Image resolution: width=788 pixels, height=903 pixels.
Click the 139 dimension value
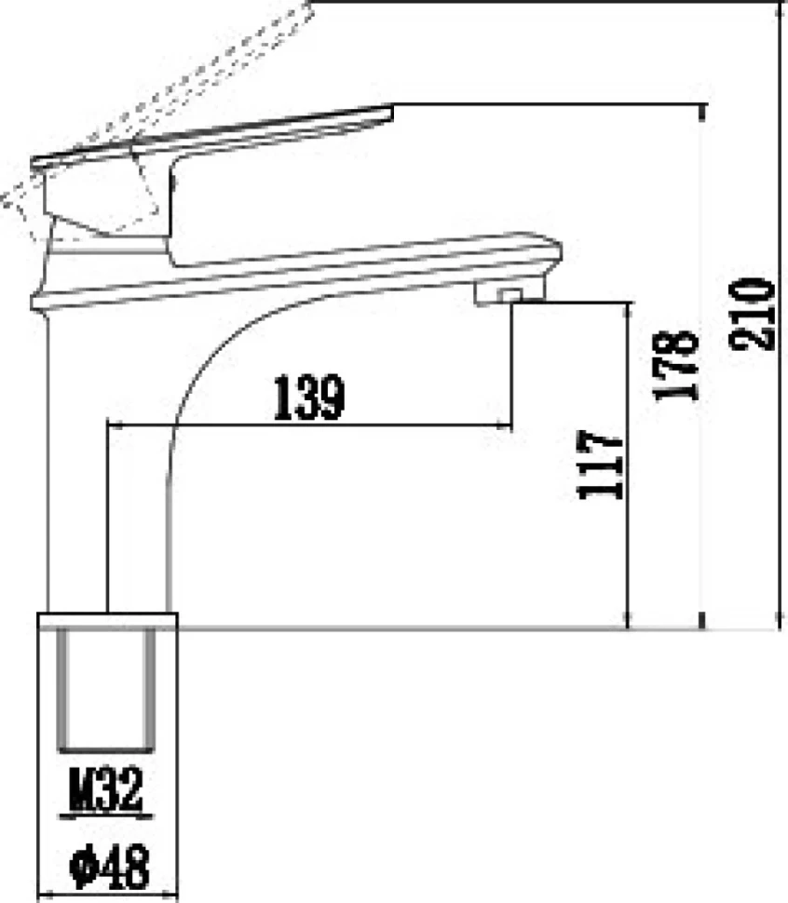(310, 398)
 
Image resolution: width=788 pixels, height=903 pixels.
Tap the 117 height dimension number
(600, 465)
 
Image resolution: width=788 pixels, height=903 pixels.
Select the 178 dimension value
(675, 366)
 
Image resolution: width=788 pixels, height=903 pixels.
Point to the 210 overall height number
(751, 315)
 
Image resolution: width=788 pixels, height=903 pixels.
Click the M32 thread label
(106, 789)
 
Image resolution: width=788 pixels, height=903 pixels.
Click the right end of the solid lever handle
(389, 113)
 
